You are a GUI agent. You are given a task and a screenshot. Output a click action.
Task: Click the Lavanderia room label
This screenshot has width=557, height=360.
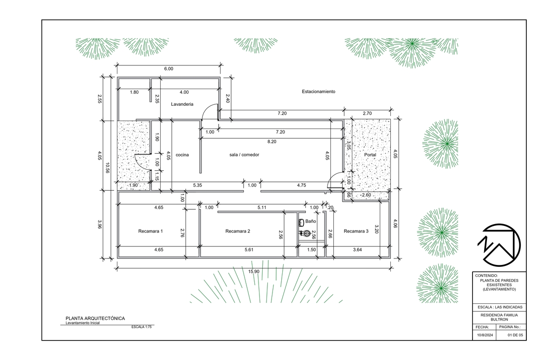(182, 104)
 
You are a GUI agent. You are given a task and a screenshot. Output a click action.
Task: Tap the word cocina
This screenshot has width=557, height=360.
(182, 155)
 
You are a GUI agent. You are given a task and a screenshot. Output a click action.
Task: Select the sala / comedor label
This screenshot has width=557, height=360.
(244, 155)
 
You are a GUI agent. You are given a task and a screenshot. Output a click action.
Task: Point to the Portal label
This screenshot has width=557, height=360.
(370, 155)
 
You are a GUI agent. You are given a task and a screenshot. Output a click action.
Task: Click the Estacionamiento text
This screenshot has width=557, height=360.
(318, 91)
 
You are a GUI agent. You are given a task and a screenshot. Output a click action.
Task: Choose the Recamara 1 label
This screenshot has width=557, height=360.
(150, 231)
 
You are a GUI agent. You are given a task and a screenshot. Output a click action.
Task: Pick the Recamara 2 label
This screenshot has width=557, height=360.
(238, 231)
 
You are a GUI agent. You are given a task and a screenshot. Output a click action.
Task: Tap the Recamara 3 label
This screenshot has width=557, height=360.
(356, 231)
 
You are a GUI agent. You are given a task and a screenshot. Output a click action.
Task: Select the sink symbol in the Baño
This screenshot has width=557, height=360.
(301, 223)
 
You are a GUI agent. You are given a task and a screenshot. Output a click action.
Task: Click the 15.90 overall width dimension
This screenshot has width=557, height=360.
(253, 271)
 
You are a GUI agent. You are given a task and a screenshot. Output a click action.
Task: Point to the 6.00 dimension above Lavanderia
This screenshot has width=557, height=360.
(168, 69)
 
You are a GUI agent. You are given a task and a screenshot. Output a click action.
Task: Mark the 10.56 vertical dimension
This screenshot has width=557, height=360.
(108, 167)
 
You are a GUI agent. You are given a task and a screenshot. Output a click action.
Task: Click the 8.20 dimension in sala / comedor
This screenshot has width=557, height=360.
(272, 141)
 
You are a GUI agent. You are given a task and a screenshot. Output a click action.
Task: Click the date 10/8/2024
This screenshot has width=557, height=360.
(485, 335)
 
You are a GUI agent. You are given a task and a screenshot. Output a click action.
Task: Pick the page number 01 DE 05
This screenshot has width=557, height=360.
(515, 335)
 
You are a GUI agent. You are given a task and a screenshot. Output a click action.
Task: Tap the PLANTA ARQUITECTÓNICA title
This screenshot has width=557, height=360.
(95, 318)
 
